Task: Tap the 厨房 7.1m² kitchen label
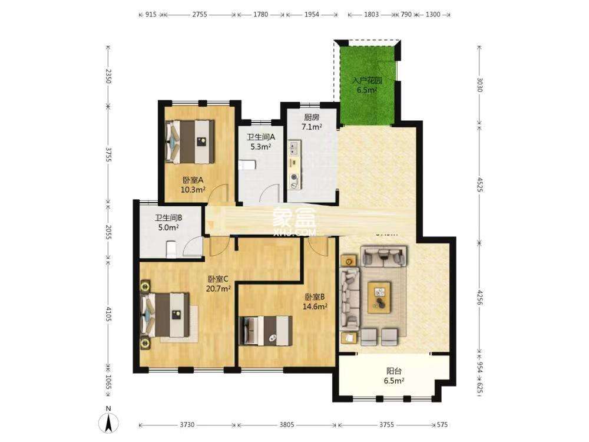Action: (x=312, y=122)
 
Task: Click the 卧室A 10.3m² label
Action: (x=193, y=185)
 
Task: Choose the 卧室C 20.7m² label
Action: (x=219, y=283)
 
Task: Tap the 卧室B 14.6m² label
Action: (x=316, y=302)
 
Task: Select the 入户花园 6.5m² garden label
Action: (x=367, y=85)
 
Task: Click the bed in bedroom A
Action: (x=190, y=141)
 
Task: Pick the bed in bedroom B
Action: (x=266, y=331)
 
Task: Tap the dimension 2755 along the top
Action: (x=199, y=14)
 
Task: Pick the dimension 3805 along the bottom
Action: (x=287, y=424)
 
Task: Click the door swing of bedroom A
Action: (x=220, y=193)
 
